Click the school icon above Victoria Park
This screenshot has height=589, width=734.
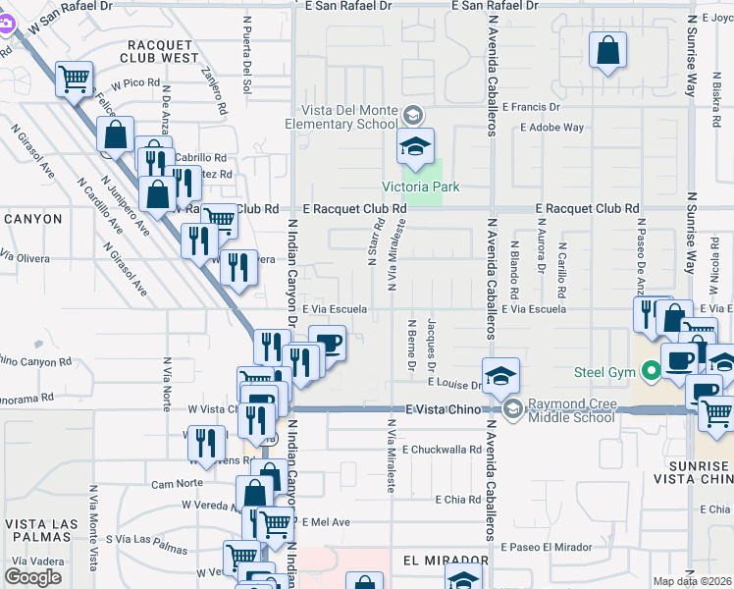tap(415, 147)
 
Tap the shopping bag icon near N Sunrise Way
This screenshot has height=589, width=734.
tap(607, 51)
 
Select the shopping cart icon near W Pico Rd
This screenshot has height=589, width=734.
tap(75, 80)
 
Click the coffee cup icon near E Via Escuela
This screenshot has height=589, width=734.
tap(329, 345)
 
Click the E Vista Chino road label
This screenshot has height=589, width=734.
tap(443, 408)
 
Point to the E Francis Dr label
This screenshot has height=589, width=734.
tap(530, 106)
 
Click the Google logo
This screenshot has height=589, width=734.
tap(32, 577)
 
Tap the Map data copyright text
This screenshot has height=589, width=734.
tap(693, 582)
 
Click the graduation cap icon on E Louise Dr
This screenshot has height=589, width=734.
tap(500, 375)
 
